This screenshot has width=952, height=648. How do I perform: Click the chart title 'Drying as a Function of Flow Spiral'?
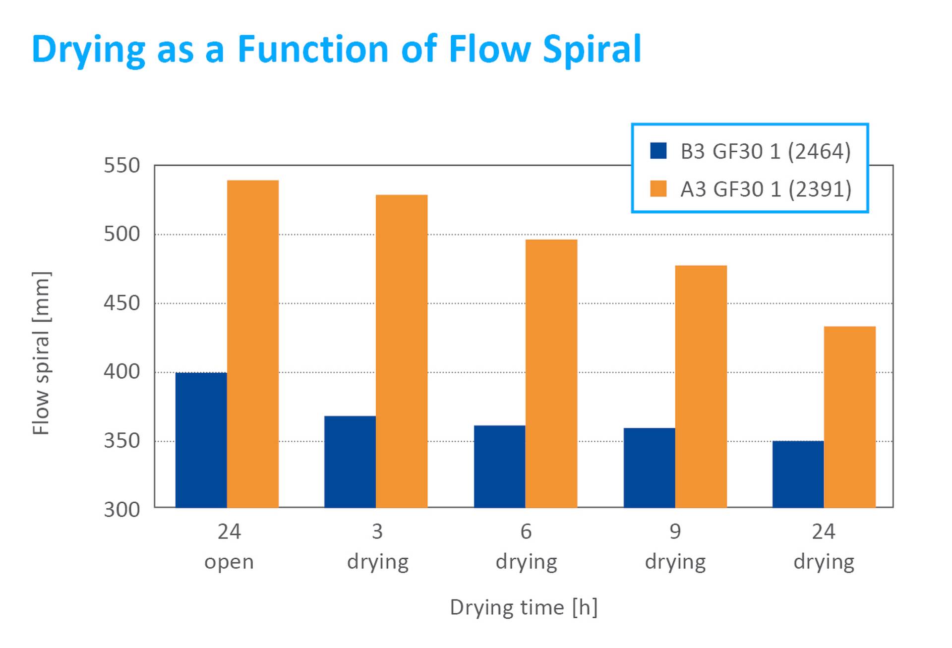coord(336,50)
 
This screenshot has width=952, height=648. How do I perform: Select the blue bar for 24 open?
coord(201,440)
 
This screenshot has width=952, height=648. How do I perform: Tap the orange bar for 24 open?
coord(252,344)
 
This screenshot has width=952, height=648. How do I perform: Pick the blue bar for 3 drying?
coord(350,462)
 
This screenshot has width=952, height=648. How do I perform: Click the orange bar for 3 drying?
coord(401,351)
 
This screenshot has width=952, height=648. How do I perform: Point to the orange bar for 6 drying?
coord(551,373)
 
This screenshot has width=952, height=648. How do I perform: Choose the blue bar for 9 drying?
coord(649,468)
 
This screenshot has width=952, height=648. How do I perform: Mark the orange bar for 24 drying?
coord(849,416)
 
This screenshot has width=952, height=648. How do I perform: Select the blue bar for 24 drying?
coord(798,474)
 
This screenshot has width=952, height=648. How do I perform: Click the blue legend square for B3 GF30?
coord(658,151)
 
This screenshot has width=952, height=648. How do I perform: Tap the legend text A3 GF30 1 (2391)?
coord(766,189)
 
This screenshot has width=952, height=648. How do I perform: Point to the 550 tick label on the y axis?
coord(121,166)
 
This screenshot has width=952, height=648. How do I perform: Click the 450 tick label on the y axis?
coord(121,303)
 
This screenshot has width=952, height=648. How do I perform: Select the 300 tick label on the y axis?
coord(121,510)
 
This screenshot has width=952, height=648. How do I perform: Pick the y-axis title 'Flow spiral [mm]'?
coord(41,353)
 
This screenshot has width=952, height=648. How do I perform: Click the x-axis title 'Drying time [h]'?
coord(524,607)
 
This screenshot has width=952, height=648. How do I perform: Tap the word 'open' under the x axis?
coord(229,562)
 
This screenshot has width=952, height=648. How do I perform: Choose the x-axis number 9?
coord(675,532)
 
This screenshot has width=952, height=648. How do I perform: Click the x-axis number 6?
coord(526,532)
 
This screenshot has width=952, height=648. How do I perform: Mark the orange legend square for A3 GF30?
coord(658,189)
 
